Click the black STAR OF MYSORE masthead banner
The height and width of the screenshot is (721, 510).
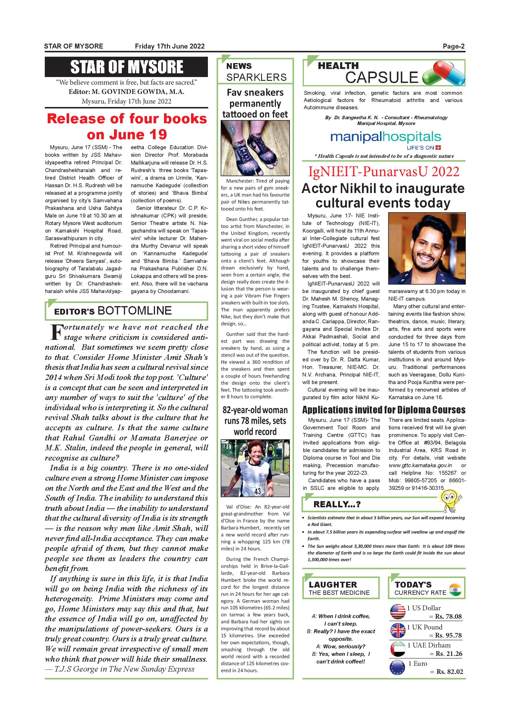pyautogui.click(x=126, y=67)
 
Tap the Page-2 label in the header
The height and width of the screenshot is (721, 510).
pyautogui.click(x=454, y=47)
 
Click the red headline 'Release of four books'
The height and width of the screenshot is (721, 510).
pyautogui.click(x=126, y=119)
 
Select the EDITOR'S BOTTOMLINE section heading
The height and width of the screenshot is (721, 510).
pyautogui.click(x=113, y=311)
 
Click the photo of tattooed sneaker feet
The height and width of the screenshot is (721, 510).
pyautogui.click(x=255, y=148)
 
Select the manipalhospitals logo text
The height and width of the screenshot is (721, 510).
pyautogui.click(x=386, y=137)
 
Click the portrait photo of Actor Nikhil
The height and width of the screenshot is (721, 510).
pyautogui.click(x=427, y=249)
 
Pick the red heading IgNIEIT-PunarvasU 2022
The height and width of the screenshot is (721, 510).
pyautogui.click(x=384, y=172)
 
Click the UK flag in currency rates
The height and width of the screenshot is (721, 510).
pyautogui.click(x=397, y=630)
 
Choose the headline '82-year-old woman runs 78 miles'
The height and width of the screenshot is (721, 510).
pyautogui.click(x=255, y=421)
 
